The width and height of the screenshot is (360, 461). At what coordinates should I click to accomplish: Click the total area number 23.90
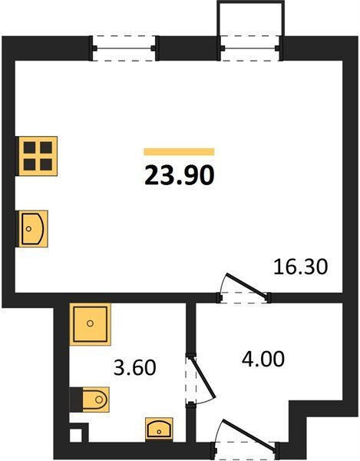[x=180, y=175]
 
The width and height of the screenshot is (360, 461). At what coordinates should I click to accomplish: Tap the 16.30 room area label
[x=300, y=267]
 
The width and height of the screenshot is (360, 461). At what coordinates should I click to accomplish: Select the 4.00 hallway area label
[x=263, y=359]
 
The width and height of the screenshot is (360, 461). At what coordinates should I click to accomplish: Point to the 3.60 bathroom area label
[x=135, y=367]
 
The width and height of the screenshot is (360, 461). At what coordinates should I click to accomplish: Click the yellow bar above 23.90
[x=179, y=151]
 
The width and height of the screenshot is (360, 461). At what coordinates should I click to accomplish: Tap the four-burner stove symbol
[x=38, y=156]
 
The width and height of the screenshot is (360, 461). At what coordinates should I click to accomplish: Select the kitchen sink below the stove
[x=33, y=228]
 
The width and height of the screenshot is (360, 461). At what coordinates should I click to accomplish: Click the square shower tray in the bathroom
[x=90, y=324]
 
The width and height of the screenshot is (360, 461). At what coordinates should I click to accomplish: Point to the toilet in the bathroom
[x=95, y=400]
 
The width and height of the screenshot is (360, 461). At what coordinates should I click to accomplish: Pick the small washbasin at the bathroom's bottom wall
[x=159, y=429]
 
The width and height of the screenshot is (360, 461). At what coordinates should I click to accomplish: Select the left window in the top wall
[x=124, y=48]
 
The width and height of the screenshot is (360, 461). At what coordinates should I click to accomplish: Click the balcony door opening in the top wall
[x=250, y=48]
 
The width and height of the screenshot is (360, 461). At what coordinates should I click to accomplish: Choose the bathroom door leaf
[x=203, y=377]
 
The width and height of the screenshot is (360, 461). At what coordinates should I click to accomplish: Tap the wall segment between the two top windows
[x=188, y=48]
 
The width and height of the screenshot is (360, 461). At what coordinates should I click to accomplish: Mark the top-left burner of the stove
[x=30, y=148]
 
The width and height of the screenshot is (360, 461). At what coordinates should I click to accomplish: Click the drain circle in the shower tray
[x=90, y=323]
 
